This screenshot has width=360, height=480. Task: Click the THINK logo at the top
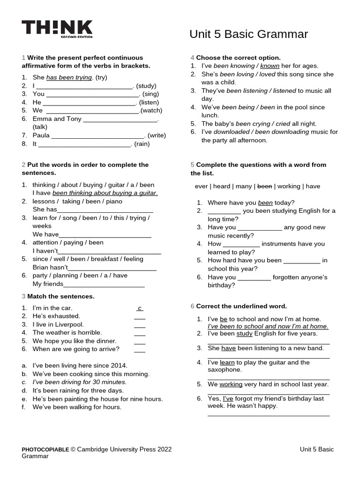[57, 29]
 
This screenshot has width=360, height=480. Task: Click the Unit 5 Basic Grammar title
[248, 34]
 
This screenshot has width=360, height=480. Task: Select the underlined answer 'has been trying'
[69, 77]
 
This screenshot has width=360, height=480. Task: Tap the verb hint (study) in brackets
[147, 86]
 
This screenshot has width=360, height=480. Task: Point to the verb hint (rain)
[142, 144]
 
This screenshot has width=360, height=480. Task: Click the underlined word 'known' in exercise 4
[270, 66]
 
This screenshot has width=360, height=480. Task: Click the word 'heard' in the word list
[221, 186]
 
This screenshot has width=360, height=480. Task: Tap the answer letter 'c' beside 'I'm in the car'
[140, 308]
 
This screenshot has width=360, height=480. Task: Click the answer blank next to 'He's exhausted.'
[140, 317]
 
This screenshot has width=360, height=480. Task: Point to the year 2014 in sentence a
[119, 366]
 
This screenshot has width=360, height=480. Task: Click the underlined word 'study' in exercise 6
[244, 334]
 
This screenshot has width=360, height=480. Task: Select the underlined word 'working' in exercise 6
[231, 384]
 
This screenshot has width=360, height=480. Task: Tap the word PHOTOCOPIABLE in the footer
[45, 450]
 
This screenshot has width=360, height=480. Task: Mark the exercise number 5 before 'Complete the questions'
[192, 165]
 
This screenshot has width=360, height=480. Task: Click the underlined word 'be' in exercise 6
[224, 319]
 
